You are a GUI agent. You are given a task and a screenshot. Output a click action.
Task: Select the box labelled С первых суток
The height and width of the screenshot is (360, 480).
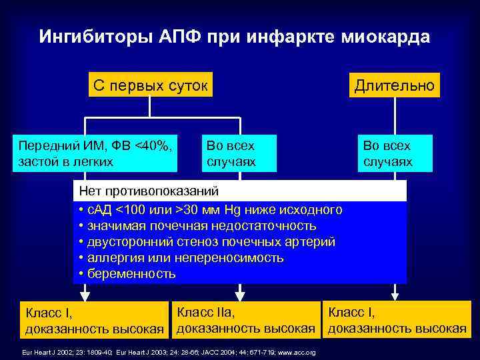click(x=151, y=85)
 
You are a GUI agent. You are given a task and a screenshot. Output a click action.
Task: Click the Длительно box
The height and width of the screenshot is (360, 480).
click(x=395, y=85)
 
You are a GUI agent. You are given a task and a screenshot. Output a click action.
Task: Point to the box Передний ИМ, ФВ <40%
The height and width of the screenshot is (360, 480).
click(x=97, y=153)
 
